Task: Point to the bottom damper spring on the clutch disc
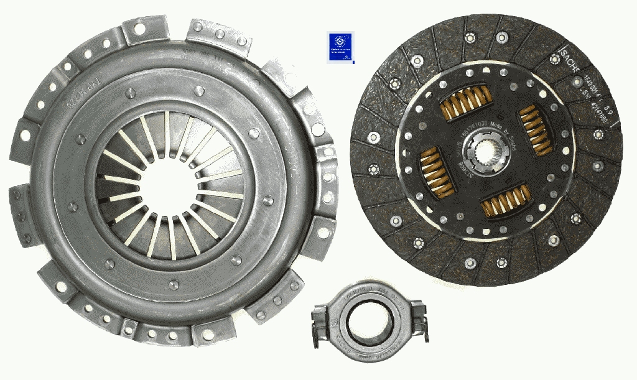(505, 200)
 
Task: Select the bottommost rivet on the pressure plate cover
(174, 285)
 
